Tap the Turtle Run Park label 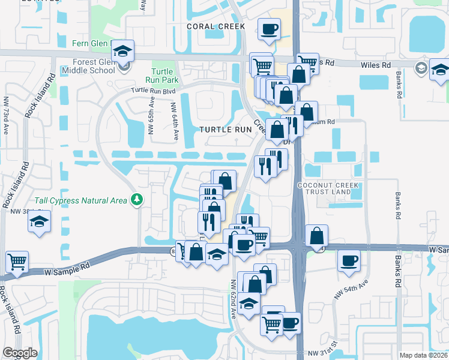pos(163,75)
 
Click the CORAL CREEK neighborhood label pos(215,26)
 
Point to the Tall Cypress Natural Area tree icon pos(138,199)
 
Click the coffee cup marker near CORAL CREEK pos(269,28)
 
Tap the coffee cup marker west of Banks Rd pos(348,261)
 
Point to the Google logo pos(20,353)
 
